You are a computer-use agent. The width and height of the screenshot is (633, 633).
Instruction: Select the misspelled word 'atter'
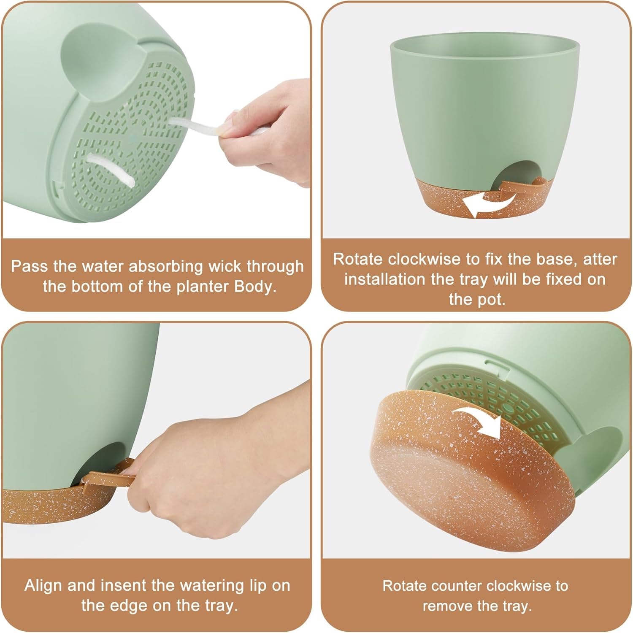[600, 259]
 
